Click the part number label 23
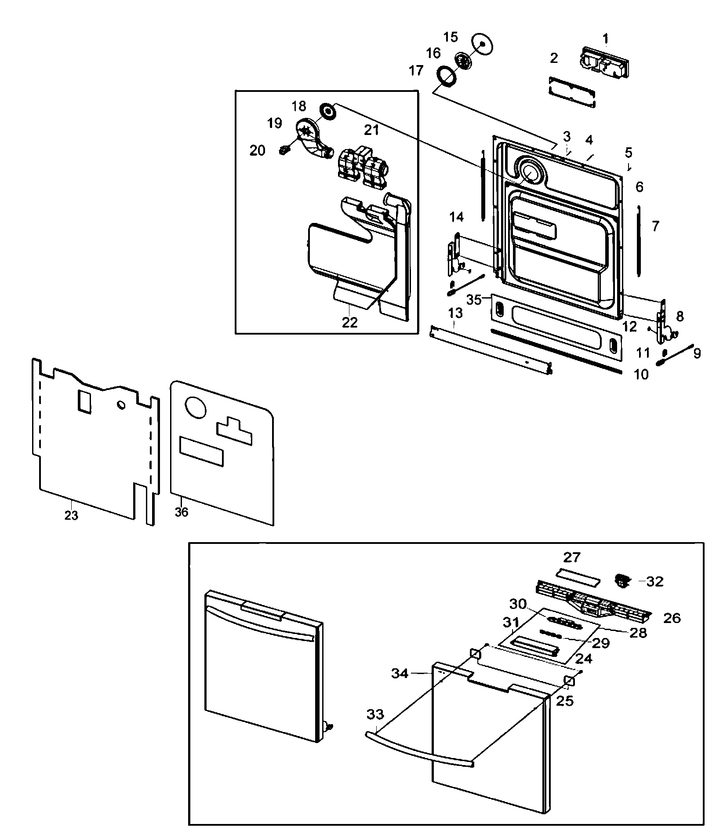pos(71,515)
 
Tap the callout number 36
pos(181,512)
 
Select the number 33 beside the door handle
pos(375,714)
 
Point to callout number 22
pos(350,322)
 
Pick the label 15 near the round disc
pos(451,37)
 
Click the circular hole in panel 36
pos(196,407)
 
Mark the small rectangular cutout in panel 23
pos(84,401)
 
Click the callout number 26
pos(672,618)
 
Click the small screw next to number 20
pos(284,150)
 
